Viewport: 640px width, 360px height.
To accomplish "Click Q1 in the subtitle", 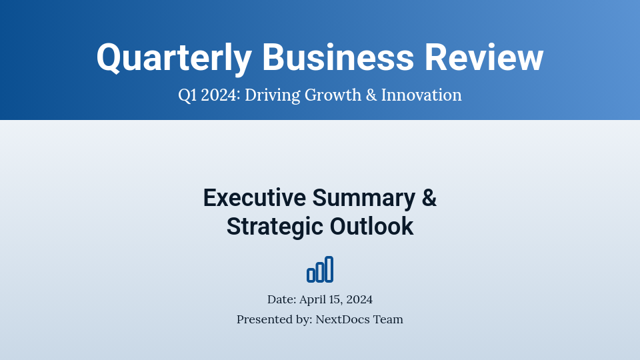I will [x=187, y=95].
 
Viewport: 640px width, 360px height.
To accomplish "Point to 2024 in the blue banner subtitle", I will [x=219, y=95].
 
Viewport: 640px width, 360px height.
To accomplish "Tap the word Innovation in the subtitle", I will [x=421, y=95].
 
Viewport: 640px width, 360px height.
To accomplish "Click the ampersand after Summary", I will [x=429, y=198].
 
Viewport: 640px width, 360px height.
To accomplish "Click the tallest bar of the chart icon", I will [x=329, y=269].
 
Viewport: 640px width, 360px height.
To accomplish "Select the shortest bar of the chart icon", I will [x=311, y=275].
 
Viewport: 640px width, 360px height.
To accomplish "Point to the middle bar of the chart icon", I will [x=320, y=272].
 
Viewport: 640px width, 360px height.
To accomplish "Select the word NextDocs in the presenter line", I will [x=343, y=319].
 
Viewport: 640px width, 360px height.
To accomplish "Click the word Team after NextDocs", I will [x=389, y=319].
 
